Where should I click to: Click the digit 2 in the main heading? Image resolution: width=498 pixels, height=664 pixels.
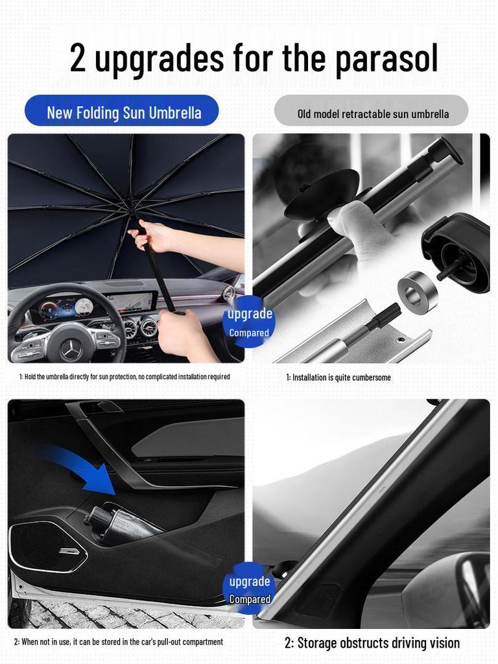pos(78,58)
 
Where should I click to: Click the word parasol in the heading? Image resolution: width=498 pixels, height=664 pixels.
pos(386,59)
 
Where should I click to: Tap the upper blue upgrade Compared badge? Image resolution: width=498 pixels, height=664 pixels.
pos(249,322)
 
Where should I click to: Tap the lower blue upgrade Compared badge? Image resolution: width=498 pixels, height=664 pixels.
pos(249,589)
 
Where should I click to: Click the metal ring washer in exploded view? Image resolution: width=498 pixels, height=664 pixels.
pos(417,292)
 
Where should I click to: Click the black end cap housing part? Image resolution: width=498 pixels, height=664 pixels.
pos(458,249)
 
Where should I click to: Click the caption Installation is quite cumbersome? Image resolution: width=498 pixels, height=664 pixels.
pos(338,377)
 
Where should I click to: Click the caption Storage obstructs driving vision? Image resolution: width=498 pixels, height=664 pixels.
pos(372,643)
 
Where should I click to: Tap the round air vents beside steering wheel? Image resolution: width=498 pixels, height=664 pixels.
pos(139,327)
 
